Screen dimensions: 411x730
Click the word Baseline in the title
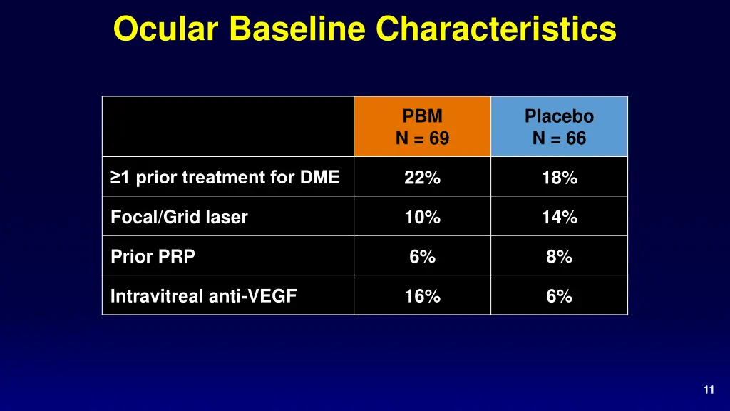[x=298, y=29]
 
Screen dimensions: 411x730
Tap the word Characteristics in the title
[x=495, y=29]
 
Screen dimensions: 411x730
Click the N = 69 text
[x=422, y=138]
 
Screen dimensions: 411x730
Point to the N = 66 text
[x=559, y=138]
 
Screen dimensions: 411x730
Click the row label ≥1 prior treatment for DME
[x=225, y=178]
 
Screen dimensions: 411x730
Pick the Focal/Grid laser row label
[x=179, y=218]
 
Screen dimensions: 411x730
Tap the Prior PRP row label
[x=153, y=257]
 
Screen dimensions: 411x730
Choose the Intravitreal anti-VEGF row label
[x=203, y=296]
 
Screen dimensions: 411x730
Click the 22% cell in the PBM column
[x=422, y=178]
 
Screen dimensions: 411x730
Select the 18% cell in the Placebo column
[x=559, y=178]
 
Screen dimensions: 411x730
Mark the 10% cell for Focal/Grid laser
[x=422, y=218]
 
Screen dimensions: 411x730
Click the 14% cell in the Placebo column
[x=559, y=218]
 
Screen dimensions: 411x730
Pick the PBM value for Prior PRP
[x=422, y=257]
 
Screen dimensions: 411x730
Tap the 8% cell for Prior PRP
[x=559, y=257]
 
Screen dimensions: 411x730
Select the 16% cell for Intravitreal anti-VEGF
[x=422, y=296]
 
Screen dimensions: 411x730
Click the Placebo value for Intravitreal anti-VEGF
[x=559, y=296]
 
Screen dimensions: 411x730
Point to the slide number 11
[x=708, y=390]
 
